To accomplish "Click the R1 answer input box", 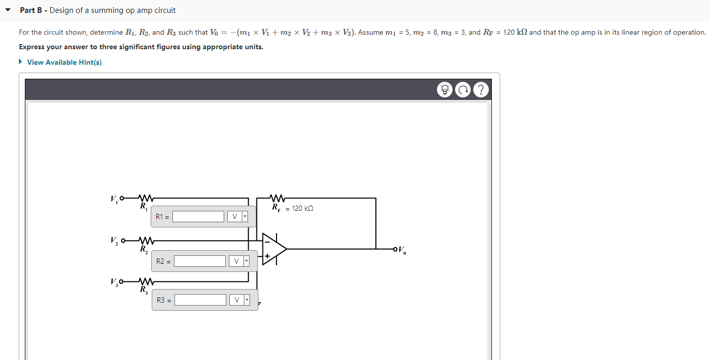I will tap(198, 217).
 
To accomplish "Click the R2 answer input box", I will tap(200, 261).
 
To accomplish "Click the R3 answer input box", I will tap(200, 300).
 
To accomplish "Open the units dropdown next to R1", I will tap(238, 217).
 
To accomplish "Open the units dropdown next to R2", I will tap(239, 261).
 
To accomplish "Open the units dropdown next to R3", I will tap(240, 300).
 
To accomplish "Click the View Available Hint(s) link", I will tap(64, 62).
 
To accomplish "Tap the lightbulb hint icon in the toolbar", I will tap(444, 90).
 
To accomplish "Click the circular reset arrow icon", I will tap(463, 90).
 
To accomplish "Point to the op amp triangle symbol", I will tap(273, 249).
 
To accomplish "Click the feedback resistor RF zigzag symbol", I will tap(278, 198).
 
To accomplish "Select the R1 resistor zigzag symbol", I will tap(145, 198).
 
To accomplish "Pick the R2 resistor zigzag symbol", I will tap(145, 241).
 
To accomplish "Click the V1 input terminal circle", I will tap(122, 198).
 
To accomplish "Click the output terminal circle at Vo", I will tap(396, 249).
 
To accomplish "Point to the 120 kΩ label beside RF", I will tap(302, 208).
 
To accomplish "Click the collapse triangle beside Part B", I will tap(8, 10).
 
